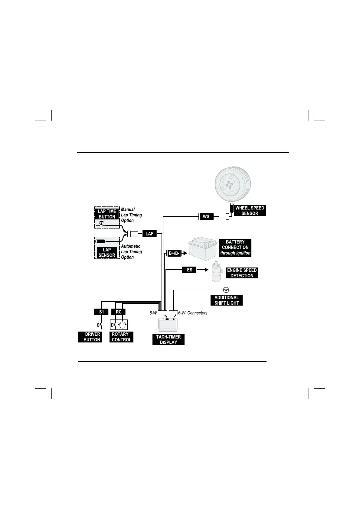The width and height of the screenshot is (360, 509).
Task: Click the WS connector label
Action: point(206,216)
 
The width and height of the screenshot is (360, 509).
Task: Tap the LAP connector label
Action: point(149,234)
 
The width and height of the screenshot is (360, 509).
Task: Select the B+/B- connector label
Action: point(174,253)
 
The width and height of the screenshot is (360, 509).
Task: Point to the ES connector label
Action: point(190,270)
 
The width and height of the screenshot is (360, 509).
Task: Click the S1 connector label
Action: point(102,312)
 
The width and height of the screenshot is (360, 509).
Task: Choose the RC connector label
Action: point(119,312)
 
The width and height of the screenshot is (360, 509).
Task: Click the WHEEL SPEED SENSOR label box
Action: point(250,211)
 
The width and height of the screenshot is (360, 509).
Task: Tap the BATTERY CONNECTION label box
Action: point(235,248)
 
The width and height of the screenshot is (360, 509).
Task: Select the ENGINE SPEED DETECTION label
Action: point(242,273)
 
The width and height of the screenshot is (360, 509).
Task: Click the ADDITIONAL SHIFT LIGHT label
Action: point(227,300)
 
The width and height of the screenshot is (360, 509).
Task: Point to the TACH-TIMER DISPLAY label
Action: point(169,340)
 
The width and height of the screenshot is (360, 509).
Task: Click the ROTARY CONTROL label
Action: point(121,337)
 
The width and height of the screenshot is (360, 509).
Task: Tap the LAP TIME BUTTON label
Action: point(107,214)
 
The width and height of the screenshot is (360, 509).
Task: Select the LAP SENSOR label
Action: point(107,252)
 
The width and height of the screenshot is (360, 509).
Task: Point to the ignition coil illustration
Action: point(216,271)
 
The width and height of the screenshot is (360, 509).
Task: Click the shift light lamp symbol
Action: point(226,290)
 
